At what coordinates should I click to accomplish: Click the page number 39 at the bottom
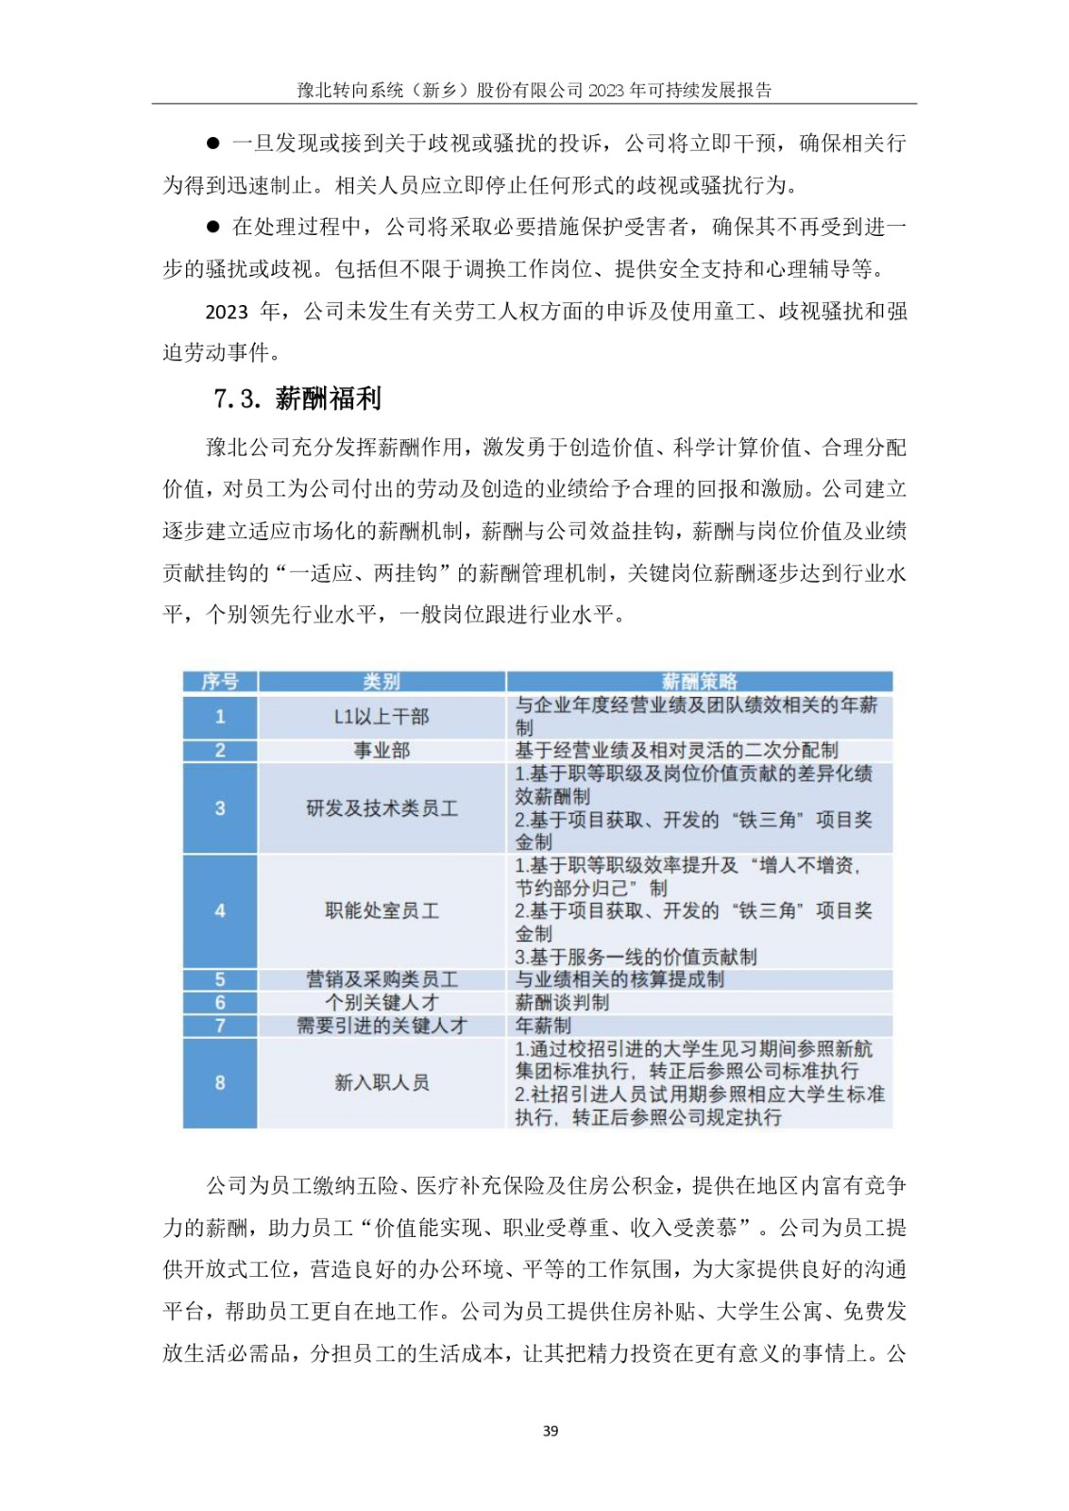click(x=551, y=1431)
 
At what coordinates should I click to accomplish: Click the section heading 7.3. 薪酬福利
click(x=297, y=399)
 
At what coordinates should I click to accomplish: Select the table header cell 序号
click(x=220, y=682)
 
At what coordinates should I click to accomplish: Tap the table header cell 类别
click(x=382, y=682)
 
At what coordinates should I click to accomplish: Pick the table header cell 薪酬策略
click(x=699, y=682)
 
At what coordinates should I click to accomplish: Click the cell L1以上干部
click(x=382, y=717)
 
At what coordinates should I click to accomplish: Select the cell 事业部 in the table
click(x=382, y=751)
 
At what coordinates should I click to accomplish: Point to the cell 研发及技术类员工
click(x=382, y=808)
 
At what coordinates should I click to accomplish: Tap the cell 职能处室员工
click(x=382, y=911)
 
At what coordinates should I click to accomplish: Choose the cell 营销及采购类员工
click(x=382, y=979)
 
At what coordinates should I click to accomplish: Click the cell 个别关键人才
click(x=382, y=1002)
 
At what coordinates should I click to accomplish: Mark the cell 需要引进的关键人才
click(x=382, y=1026)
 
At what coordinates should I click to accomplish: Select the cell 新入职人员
click(x=382, y=1082)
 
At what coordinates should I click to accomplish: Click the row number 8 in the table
click(x=220, y=1082)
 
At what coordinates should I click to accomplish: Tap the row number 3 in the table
click(x=220, y=808)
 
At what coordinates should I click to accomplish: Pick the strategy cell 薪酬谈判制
click(x=562, y=1002)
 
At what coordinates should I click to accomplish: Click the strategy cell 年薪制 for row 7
click(x=543, y=1026)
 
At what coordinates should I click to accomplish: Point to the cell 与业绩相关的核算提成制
click(x=619, y=979)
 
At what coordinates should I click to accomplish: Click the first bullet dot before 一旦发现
click(x=212, y=144)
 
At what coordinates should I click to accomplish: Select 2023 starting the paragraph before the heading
click(x=227, y=312)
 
